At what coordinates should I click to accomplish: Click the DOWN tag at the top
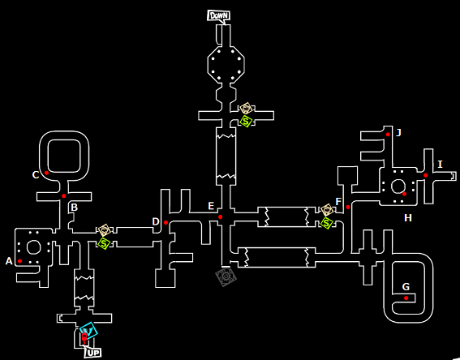coord(218,15)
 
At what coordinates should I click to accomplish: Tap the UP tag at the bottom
coord(93,353)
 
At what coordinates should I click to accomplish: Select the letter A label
coord(9,261)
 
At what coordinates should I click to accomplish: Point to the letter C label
coord(36,175)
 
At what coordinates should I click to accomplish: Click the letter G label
coord(406,287)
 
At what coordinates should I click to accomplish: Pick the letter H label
coord(408,218)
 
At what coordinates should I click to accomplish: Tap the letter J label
coord(398,133)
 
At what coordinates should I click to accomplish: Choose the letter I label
coord(440,164)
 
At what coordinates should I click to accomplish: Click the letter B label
coord(74,208)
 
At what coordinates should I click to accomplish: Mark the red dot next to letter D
coord(166,222)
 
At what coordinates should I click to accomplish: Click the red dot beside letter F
coord(348,207)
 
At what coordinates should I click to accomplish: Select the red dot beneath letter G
coord(406,298)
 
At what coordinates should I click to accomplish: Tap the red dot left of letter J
coord(388,135)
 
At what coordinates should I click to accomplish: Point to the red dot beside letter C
coord(46,173)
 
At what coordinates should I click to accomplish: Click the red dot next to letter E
coord(221,217)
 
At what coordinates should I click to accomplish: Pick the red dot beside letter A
coord(19,261)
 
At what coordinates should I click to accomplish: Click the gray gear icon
coord(226,276)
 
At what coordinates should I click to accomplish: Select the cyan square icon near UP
coord(88,331)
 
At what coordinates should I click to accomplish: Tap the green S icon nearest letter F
coord(326,223)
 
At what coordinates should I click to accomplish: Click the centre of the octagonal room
coord(226,65)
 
